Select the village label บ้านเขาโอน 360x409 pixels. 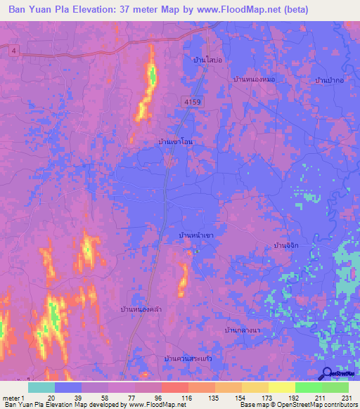coord(176,141)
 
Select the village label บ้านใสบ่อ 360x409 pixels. coord(208,60)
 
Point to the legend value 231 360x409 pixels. coord(345,398)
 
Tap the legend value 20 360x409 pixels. coord(51,398)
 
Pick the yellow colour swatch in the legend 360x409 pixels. coord(281,387)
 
